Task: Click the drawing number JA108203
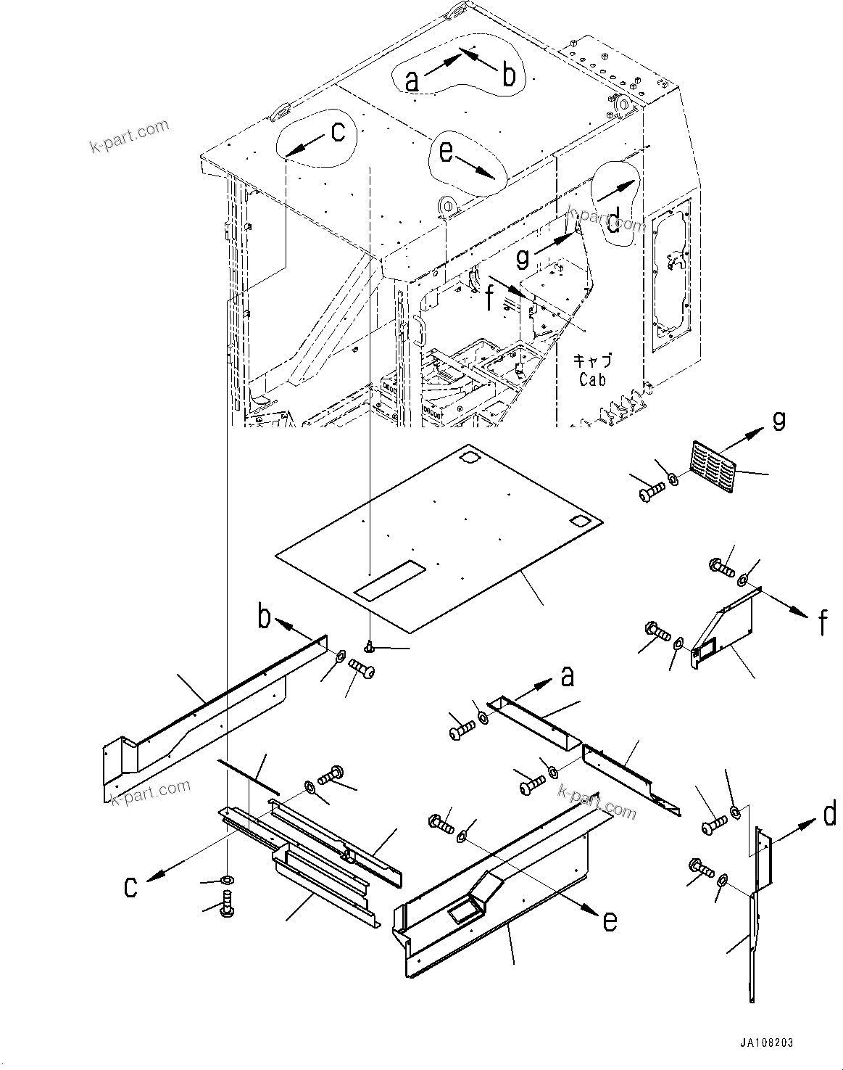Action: pos(766,1042)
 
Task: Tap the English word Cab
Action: pos(592,379)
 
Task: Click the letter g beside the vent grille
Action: pos(778,419)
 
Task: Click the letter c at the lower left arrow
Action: pos(130,886)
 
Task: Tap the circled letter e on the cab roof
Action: pos(446,153)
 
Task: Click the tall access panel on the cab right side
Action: pos(671,276)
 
